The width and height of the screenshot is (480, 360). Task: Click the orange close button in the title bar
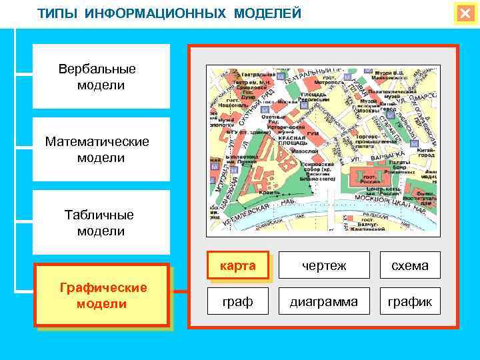click(465, 13)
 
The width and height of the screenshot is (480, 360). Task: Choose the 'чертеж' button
click(324, 266)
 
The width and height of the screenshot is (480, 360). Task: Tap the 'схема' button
click(410, 266)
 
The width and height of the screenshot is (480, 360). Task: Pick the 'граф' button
click(237, 302)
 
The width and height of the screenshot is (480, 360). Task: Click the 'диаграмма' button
click(324, 302)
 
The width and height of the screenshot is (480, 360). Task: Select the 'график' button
click(410, 302)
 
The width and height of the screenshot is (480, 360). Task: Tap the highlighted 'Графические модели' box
click(102, 295)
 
